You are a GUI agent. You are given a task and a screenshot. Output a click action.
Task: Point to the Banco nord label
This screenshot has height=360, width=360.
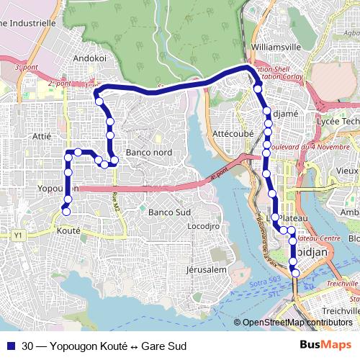(x=148, y=153)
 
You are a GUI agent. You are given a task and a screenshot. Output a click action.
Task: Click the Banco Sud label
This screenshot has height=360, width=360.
(x=168, y=213)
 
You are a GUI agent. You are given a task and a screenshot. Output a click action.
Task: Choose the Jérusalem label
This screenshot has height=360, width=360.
(x=206, y=269)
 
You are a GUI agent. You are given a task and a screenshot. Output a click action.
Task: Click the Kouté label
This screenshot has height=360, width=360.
(x=68, y=231)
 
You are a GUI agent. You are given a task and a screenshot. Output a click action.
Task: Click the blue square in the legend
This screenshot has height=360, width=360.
(x=10, y=346)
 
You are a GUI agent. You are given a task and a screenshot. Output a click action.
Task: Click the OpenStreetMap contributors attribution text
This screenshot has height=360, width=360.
(x=297, y=323)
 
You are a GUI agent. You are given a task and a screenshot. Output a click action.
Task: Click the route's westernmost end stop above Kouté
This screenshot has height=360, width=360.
(x=66, y=211)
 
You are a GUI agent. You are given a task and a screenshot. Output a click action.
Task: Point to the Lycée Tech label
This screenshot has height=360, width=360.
(x=338, y=122)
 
